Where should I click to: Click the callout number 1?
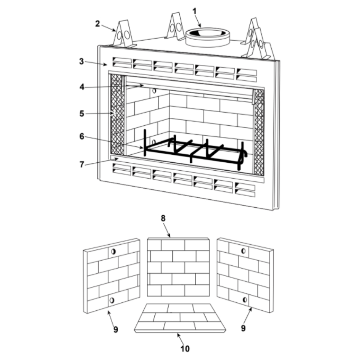tap(195, 11)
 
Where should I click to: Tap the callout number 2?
tap(98, 24)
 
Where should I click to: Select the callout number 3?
tap(81, 61)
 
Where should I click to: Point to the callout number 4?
tap(82, 87)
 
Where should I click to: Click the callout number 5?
tap(82, 113)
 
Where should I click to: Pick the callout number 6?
tap(82, 136)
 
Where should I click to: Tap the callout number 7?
tap(82, 165)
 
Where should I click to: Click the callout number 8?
tap(163, 219)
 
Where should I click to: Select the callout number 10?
tap(185, 348)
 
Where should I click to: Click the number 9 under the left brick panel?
tap(116, 329)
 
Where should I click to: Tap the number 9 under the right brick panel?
tap(243, 328)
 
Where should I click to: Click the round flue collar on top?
tap(207, 37)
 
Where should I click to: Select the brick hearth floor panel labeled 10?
tap(180, 318)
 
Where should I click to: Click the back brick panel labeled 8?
tap(178, 267)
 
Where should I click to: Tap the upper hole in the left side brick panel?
tap(113, 251)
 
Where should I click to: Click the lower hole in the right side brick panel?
tap(245, 300)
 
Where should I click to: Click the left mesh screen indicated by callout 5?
tap(117, 114)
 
